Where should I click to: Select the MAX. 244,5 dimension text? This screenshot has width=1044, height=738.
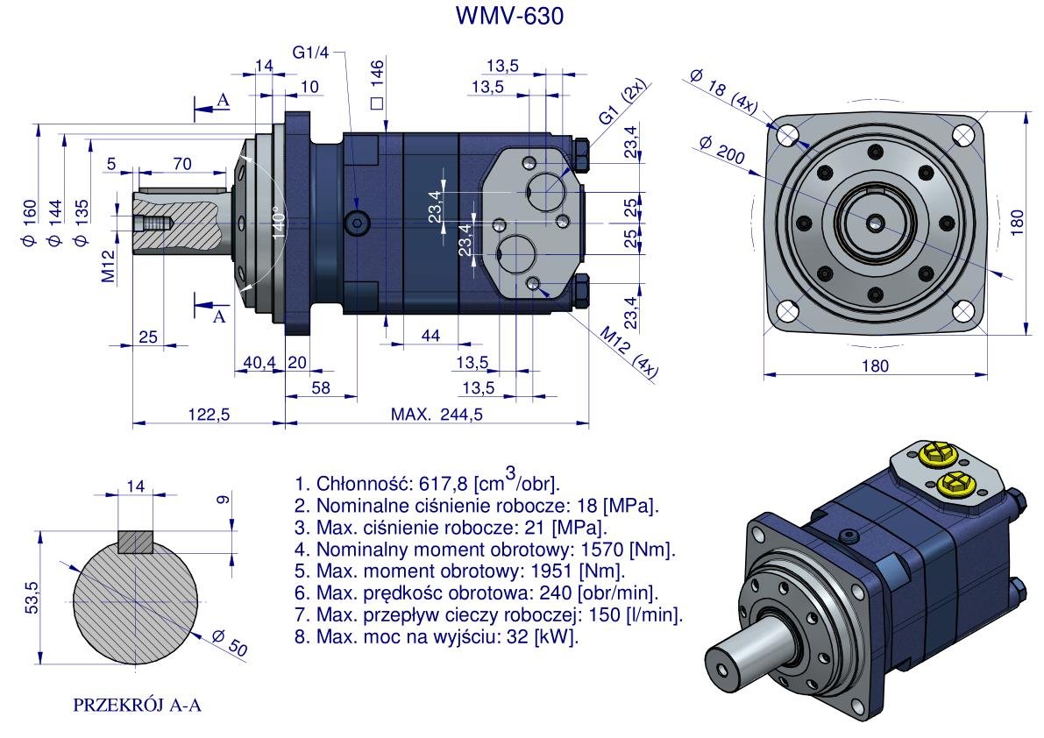click(437, 415)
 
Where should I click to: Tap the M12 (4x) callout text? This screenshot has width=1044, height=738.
click(629, 353)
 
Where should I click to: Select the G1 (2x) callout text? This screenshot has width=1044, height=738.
click(621, 104)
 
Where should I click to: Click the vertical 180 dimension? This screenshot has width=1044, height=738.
click(1017, 222)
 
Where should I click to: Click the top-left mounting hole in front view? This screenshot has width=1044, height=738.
click(787, 133)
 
